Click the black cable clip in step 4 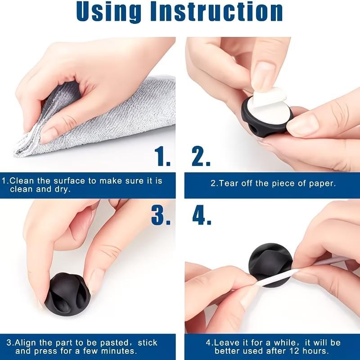[270, 261]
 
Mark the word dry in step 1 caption [64, 189]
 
